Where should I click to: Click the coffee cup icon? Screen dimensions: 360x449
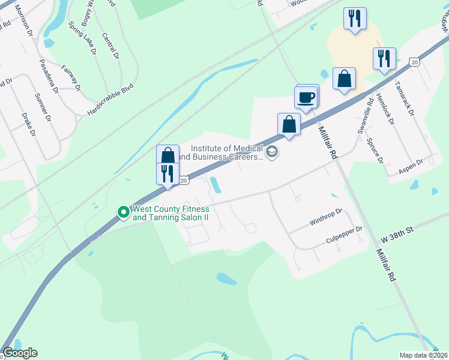[306, 97]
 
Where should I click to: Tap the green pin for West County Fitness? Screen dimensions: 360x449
[123, 211]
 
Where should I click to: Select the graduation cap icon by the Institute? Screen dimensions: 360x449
[272, 152]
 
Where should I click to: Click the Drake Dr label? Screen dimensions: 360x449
[29, 124]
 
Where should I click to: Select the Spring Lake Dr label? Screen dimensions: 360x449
[82, 39]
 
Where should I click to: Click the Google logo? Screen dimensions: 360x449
[20, 353]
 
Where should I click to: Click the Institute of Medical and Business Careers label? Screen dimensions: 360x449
[227, 153]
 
